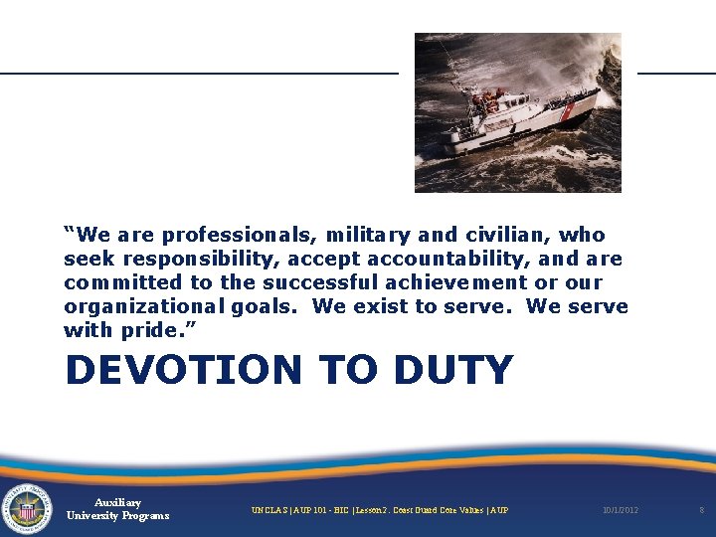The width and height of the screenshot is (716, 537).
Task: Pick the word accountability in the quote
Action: pyautogui.click(x=443, y=260)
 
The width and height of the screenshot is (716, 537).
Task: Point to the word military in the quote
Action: pyautogui.click(x=361, y=236)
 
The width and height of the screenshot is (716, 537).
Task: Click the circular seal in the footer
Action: pyautogui.click(x=28, y=510)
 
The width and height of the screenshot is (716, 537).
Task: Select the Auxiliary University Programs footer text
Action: pyautogui.click(x=117, y=509)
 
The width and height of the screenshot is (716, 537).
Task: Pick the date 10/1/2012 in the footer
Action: pyautogui.click(x=620, y=510)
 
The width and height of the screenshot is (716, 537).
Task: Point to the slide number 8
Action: pyautogui.click(x=701, y=510)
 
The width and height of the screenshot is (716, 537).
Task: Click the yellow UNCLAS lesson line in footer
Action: pyautogui.click(x=379, y=510)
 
